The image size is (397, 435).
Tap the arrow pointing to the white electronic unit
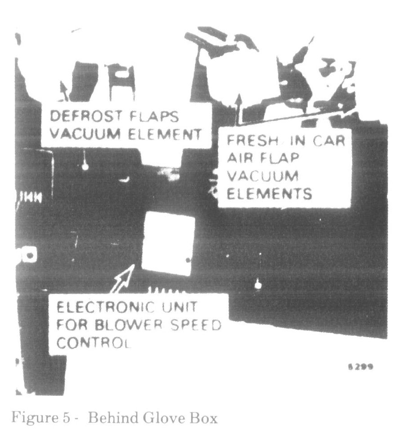pos(123,278)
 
